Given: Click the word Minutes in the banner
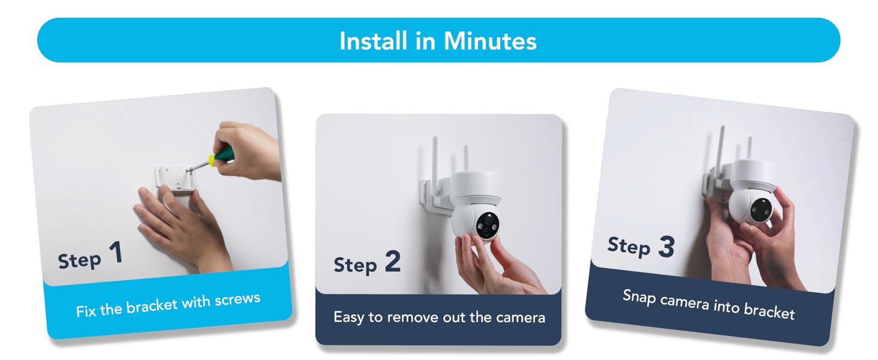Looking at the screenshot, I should point(490,41).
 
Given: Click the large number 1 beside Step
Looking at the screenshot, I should point(116,253).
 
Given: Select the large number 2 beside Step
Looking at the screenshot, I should point(392,262).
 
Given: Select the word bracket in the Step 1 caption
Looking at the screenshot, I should point(152,305).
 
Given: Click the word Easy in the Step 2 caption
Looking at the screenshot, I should point(349,317).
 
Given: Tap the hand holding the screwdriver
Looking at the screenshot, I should point(249,150).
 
